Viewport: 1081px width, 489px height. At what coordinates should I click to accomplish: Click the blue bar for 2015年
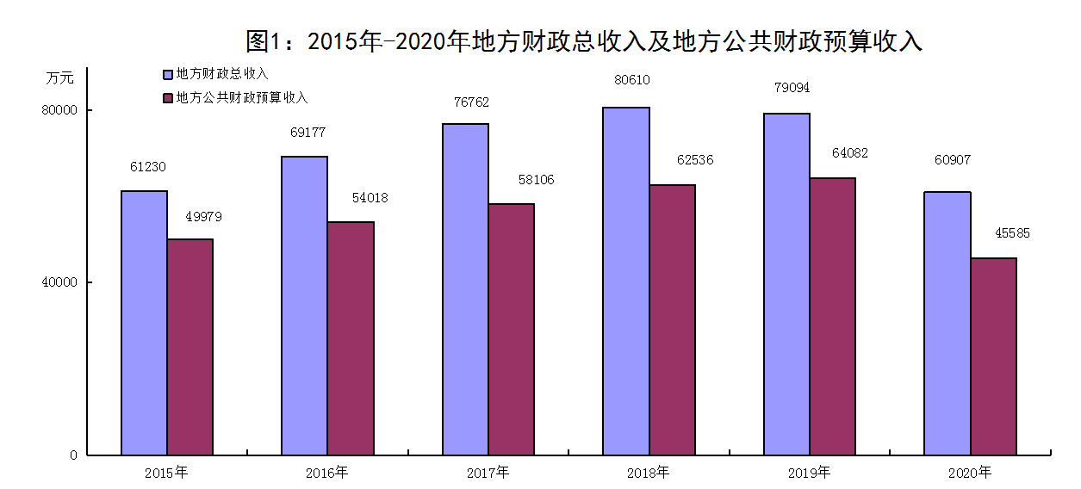(x=144, y=323)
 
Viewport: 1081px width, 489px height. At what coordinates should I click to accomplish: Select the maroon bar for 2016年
(x=351, y=338)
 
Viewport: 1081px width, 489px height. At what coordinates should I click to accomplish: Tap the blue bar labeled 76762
(x=465, y=289)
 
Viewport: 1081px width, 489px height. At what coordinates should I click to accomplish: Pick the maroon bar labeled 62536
(x=672, y=319)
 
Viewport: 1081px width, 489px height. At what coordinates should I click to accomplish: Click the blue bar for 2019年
(x=786, y=284)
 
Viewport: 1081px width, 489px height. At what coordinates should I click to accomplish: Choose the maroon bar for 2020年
(x=993, y=356)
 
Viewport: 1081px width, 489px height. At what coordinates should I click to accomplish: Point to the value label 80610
(x=632, y=80)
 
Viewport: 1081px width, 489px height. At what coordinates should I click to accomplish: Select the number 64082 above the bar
(x=850, y=153)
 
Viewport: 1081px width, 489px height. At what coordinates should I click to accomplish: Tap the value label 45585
(x=1012, y=232)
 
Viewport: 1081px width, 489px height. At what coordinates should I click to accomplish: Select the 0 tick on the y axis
(x=75, y=455)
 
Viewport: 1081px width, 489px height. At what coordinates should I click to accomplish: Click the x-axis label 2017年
(x=488, y=472)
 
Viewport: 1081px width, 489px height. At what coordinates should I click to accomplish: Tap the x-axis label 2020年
(x=970, y=472)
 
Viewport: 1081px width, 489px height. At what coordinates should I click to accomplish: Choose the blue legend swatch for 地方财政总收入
(x=168, y=74)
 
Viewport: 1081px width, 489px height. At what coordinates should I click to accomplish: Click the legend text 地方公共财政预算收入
(x=242, y=98)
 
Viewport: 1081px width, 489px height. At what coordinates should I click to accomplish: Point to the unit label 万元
(x=60, y=77)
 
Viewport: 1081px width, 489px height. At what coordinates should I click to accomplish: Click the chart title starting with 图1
(x=584, y=41)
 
